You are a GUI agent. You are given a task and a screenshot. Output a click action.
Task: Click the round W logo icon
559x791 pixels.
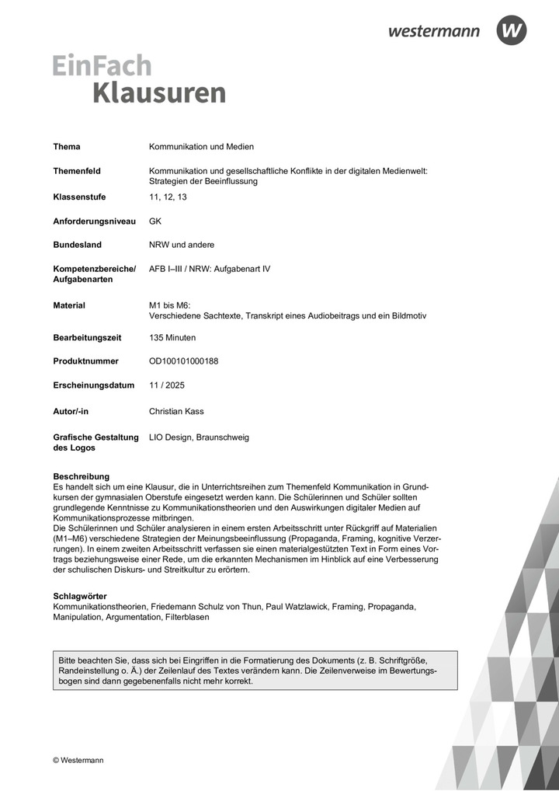click(x=512, y=31)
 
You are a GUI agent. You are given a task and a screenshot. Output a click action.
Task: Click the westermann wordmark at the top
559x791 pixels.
click(x=434, y=32)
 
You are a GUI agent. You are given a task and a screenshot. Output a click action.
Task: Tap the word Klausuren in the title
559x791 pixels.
click(x=159, y=92)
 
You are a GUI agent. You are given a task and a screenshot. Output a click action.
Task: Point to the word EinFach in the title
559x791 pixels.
click(x=102, y=65)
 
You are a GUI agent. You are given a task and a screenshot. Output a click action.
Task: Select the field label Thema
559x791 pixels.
click(x=67, y=147)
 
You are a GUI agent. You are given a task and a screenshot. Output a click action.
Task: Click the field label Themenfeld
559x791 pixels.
click(x=77, y=171)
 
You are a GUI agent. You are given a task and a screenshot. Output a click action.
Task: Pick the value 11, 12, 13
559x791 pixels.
click(x=168, y=197)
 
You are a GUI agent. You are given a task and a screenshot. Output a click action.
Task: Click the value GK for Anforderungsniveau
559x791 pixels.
click(x=155, y=221)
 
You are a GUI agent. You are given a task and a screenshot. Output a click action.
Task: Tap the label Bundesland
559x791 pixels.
click(x=77, y=245)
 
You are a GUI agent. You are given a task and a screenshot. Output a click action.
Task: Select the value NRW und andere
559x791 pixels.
click(x=182, y=245)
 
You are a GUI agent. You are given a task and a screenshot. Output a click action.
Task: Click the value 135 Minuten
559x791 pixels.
click(x=172, y=338)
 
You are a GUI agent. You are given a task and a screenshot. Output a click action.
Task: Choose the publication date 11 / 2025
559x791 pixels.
click(x=168, y=385)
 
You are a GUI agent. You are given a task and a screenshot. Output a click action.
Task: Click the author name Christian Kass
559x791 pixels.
click(x=177, y=411)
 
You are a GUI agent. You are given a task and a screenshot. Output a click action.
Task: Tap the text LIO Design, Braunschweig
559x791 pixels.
click(x=199, y=437)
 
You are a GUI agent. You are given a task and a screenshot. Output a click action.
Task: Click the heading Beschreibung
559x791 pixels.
click(x=81, y=476)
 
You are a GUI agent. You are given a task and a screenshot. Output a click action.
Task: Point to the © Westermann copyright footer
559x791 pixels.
click(x=78, y=760)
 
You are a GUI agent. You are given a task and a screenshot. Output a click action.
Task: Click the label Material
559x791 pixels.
click(x=69, y=305)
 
